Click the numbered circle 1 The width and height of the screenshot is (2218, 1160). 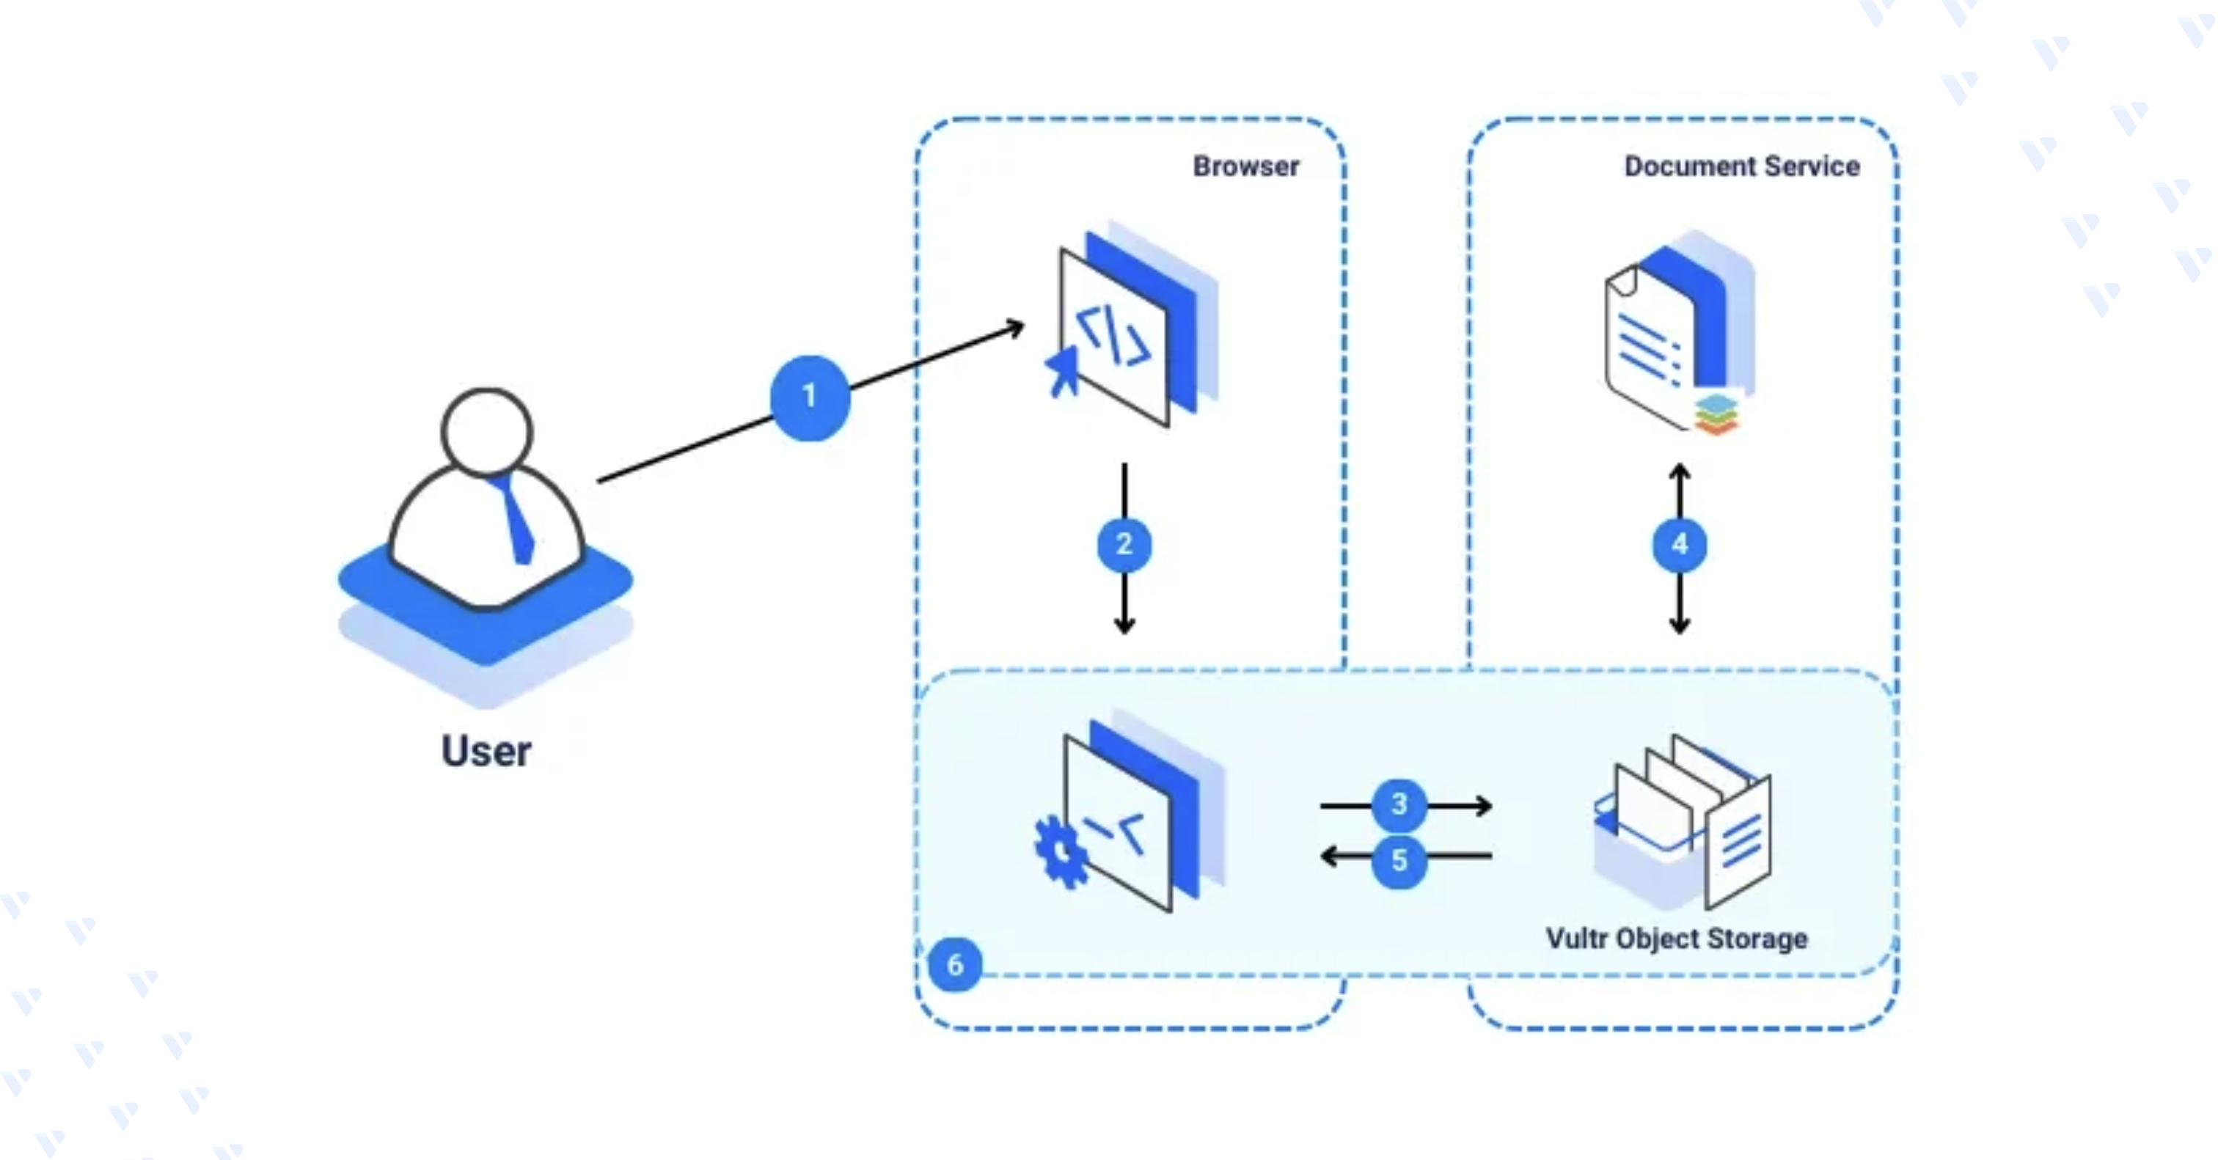pyautogui.click(x=809, y=397)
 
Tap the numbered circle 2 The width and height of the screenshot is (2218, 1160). pyautogui.click(x=1124, y=545)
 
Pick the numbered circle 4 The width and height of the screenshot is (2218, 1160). pyautogui.click(x=1679, y=545)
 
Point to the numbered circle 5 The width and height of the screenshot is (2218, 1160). pyautogui.click(x=1399, y=859)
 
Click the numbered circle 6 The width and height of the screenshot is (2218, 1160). pyautogui.click(x=955, y=965)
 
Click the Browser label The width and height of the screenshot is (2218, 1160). pyautogui.click(x=1246, y=166)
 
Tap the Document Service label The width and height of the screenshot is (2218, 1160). pyautogui.click(x=1742, y=166)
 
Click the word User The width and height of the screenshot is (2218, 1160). pyautogui.click(x=486, y=752)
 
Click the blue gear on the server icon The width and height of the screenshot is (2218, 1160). pyautogui.click(x=1061, y=853)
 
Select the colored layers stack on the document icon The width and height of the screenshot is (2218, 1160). pyautogui.click(x=1716, y=414)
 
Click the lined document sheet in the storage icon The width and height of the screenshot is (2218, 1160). pyautogui.click(x=1738, y=843)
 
